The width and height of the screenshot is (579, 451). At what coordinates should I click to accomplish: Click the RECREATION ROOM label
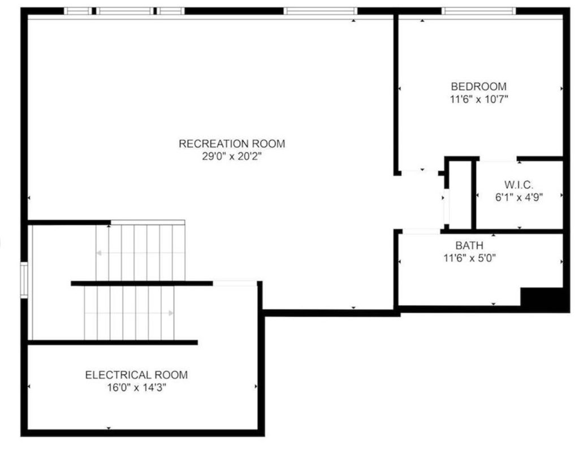click(x=232, y=144)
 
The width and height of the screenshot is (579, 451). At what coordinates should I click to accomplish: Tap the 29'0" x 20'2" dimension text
click(x=232, y=156)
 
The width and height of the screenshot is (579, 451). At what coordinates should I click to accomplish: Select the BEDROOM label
click(x=478, y=86)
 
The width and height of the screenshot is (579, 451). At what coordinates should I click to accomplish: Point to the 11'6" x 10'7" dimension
click(x=478, y=99)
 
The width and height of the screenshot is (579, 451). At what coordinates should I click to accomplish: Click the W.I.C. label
click(x=518, y=184)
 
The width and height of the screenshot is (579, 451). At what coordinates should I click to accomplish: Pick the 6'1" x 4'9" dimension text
click(x=518, y=197)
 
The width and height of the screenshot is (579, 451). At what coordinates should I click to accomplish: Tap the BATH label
click(x=469, y=246)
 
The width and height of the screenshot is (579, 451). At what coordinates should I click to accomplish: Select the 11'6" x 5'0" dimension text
click(x=469, y=258)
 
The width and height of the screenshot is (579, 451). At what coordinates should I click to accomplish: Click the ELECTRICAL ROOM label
click(x=136, y=375)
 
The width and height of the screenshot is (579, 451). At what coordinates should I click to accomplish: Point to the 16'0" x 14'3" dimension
click(x=136, y=387)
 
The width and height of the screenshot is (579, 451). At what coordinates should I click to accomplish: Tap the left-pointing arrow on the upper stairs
click(x=100, y=253)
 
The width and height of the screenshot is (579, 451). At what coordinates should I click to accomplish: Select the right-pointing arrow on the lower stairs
click(x=170, y=312)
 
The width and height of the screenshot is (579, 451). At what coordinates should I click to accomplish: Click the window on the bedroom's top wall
click(x=478, y=11)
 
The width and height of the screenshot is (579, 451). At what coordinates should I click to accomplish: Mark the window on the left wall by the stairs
click(x=24, y=279)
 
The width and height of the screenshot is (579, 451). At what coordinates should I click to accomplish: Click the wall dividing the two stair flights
click(x=141, y=283)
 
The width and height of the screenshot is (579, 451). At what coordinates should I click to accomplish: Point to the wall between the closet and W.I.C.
click(x=474, y=194)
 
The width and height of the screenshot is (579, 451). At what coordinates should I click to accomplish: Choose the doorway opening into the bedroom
click(x=421, y=172)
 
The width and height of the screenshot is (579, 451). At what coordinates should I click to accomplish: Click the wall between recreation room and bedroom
click(x=397, y=90)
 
